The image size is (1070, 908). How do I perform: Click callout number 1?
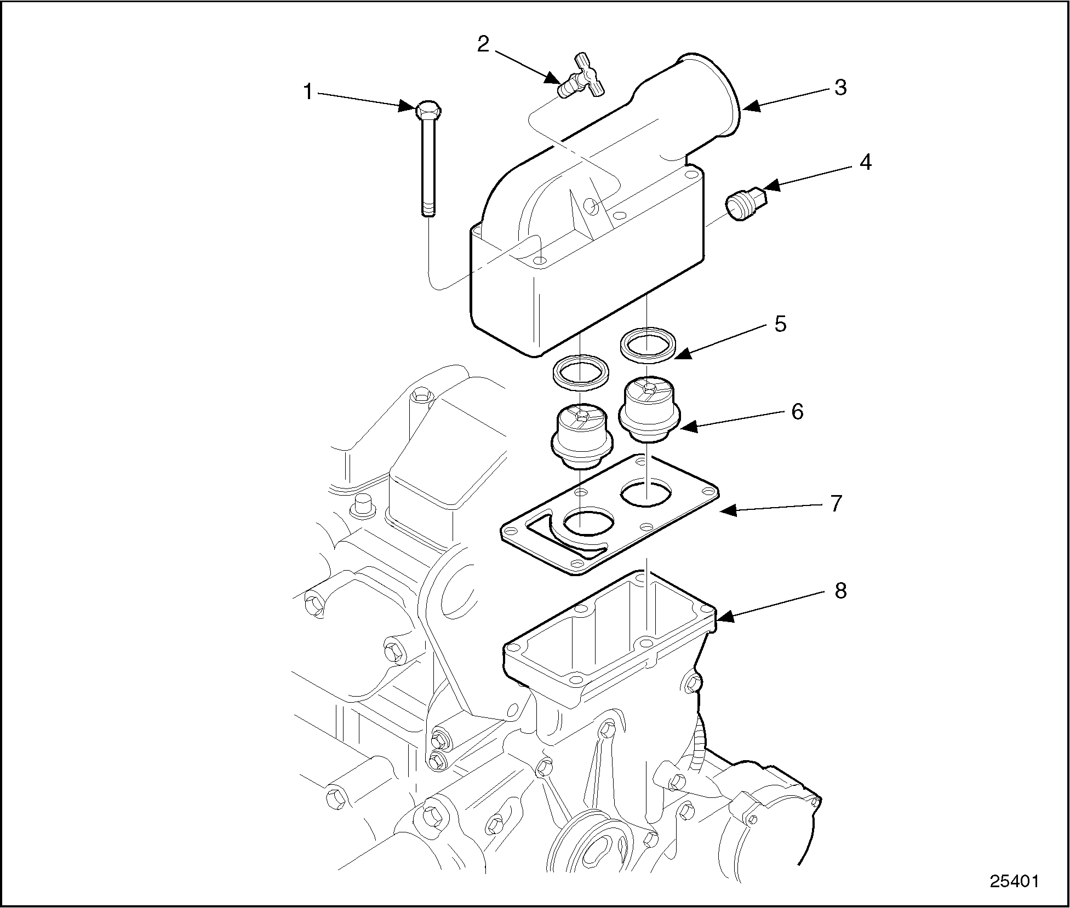point(308,92)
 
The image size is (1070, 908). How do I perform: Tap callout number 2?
point(483,44)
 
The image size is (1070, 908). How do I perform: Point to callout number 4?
point(865,162)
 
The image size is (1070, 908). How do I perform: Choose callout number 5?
point(780,324)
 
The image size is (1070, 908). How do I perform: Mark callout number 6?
point(797,411)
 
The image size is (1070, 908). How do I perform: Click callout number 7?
point(836,503)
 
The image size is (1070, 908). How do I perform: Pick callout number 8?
point(840,591)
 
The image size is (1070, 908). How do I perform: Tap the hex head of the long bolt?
point(428,111)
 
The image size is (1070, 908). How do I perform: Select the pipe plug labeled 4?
point(746,204)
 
